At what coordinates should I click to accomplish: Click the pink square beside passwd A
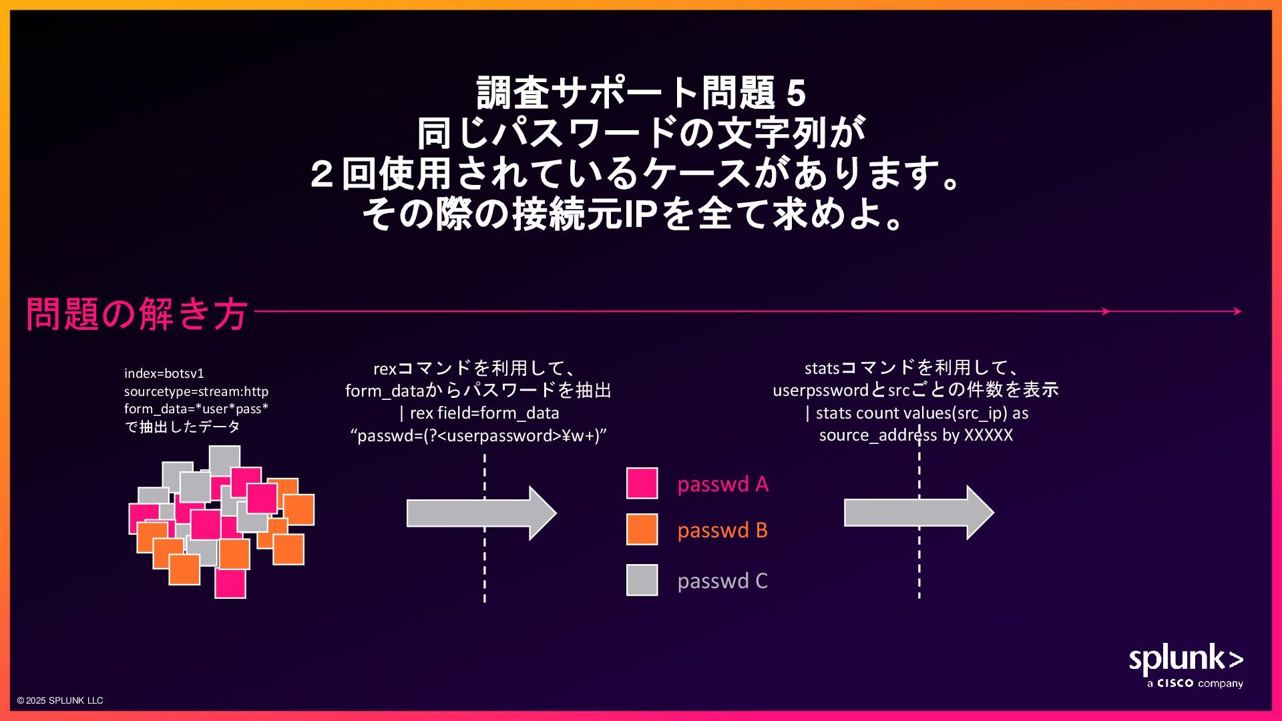(642, 483)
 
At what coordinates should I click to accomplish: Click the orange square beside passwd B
(642, 529)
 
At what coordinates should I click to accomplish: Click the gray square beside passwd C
(642, 580)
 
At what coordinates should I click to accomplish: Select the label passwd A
(722, 484)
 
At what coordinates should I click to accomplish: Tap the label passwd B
(722, 530)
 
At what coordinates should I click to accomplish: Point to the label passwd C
(722, 581)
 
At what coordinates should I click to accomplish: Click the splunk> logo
(1185, 660)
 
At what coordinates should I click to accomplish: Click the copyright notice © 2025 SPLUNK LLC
(60, 700)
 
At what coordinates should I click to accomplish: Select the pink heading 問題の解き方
(137, 313)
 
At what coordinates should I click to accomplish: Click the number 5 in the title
(796, 93)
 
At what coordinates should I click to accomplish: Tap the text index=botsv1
(164, 373)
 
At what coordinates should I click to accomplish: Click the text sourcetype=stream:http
(196, 391)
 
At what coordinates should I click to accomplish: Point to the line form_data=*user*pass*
(196, 409)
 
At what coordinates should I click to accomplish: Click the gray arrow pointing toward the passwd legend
(481, 513)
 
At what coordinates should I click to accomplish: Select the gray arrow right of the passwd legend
(918, 513)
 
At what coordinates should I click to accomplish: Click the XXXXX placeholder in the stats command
(988, 435)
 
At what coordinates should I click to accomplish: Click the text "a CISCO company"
(1195, 684)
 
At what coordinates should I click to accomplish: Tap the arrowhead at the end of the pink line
(1237, 311)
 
